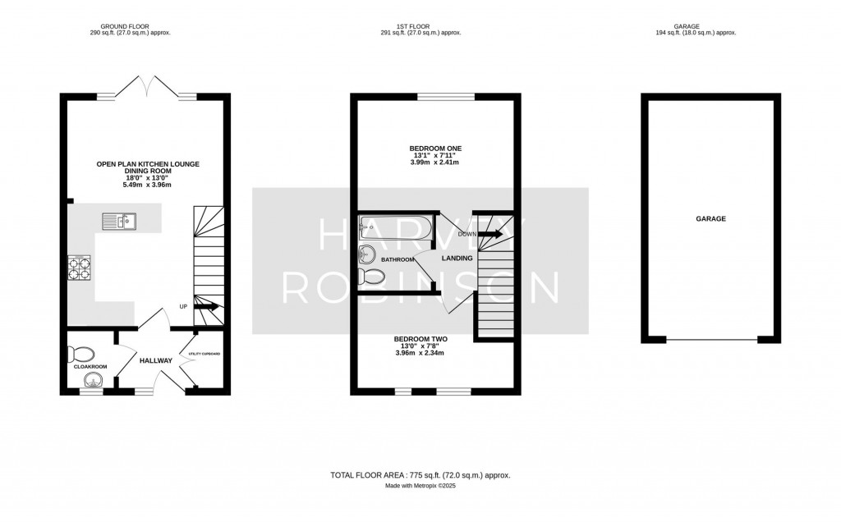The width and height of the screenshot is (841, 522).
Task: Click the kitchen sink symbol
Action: pos(119,220)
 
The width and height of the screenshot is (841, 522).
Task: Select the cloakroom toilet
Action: pos(80,354)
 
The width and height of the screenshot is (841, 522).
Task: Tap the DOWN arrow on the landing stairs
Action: pos(490,234)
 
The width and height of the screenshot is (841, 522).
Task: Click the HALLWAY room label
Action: pos(155,361)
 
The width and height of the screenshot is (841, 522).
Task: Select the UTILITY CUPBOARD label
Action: pos(205,353)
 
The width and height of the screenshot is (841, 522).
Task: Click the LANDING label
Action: pos(457,259)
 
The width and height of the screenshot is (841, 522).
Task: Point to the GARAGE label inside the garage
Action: pos(711,219)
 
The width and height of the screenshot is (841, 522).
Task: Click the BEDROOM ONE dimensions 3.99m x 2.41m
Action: pos(435,163)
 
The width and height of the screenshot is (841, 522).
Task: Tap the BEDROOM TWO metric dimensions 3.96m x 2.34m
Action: pos(420,353)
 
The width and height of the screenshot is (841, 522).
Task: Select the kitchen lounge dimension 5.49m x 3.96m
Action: pos(148,182)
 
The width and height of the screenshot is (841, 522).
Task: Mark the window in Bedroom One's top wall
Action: pos(445,97)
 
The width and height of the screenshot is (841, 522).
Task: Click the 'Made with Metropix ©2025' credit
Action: pos(420,486)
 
